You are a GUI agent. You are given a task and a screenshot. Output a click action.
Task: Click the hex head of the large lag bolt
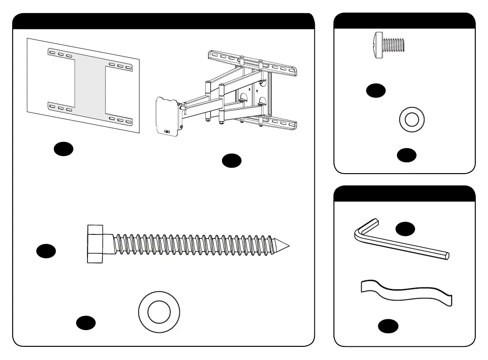95,243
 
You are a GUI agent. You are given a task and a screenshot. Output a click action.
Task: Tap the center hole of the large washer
159,312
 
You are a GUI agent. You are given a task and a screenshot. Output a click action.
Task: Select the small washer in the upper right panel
412,120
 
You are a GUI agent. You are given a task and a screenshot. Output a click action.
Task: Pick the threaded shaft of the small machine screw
394,44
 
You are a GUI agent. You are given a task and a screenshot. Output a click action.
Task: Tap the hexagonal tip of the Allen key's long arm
448,256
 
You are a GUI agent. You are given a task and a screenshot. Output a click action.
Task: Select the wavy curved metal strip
406,292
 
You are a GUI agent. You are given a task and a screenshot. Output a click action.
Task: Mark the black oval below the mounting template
63,149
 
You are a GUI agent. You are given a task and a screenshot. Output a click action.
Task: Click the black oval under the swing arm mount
232,161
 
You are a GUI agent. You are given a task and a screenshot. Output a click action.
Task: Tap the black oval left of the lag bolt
46,251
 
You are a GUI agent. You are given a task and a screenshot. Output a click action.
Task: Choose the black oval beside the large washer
86,322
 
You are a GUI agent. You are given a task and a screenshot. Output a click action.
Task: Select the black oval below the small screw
376,91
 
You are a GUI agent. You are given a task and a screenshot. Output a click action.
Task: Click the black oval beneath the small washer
406,155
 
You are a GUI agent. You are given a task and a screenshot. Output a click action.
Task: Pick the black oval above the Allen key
405,229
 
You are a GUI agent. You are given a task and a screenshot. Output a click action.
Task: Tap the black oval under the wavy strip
388,326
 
